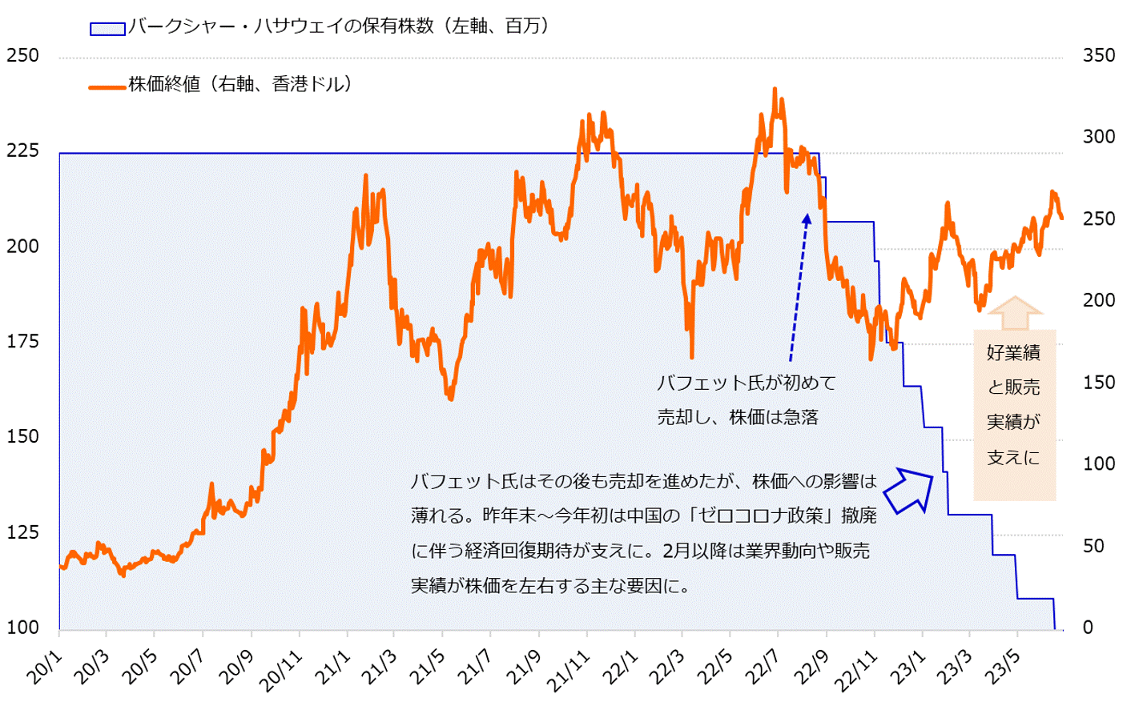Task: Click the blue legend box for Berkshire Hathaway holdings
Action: coord(107,29)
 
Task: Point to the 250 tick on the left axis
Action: coord(22,56)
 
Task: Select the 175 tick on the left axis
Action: coord(22,342)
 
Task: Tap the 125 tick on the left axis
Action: coord(22,532)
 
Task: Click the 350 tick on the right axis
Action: coord(1099,56)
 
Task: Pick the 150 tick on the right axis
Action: coord(1099,383)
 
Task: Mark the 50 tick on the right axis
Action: coord(1099,546)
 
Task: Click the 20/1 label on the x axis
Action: coord(45,668)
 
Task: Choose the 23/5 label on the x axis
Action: coord(1001,668)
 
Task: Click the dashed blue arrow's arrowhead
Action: coord(807,218)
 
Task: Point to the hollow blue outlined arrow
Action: coord(912,490)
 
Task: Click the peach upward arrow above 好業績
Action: coord(1014,312)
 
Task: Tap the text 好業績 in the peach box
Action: coord(1013,352)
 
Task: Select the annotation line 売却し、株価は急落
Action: coord(737,418)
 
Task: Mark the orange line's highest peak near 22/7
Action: coord(775,90)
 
